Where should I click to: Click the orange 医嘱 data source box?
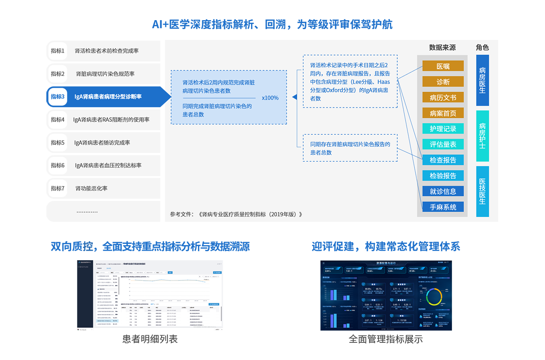(x=443, y=66)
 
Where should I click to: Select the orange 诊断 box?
(x=443, y=81)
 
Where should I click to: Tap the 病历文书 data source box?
(x=443, y=97)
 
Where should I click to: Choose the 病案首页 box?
(x=443, y=113)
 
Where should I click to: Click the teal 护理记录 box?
(x=443, y=129)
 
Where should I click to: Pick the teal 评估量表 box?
(x=443, y=144)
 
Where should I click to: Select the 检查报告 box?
(x=443, y=160)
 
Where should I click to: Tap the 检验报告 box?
(x=443, y=176)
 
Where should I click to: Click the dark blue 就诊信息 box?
(x=443, y=191)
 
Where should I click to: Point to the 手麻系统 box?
(x=443, y=207)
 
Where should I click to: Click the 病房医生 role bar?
(x=482, y=80)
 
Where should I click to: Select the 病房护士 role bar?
(x=482, y=136)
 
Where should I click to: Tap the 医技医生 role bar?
(x=482, y=191)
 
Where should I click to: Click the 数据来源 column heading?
(x=442, y=48)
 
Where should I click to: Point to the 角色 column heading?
(x=482, y=48)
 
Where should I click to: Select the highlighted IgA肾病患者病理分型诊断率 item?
(x=108, y=96)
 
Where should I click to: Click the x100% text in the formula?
(x=270, y=98)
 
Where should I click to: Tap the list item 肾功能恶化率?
(x=91, y=188)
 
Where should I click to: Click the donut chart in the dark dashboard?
(x=437, y=296)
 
